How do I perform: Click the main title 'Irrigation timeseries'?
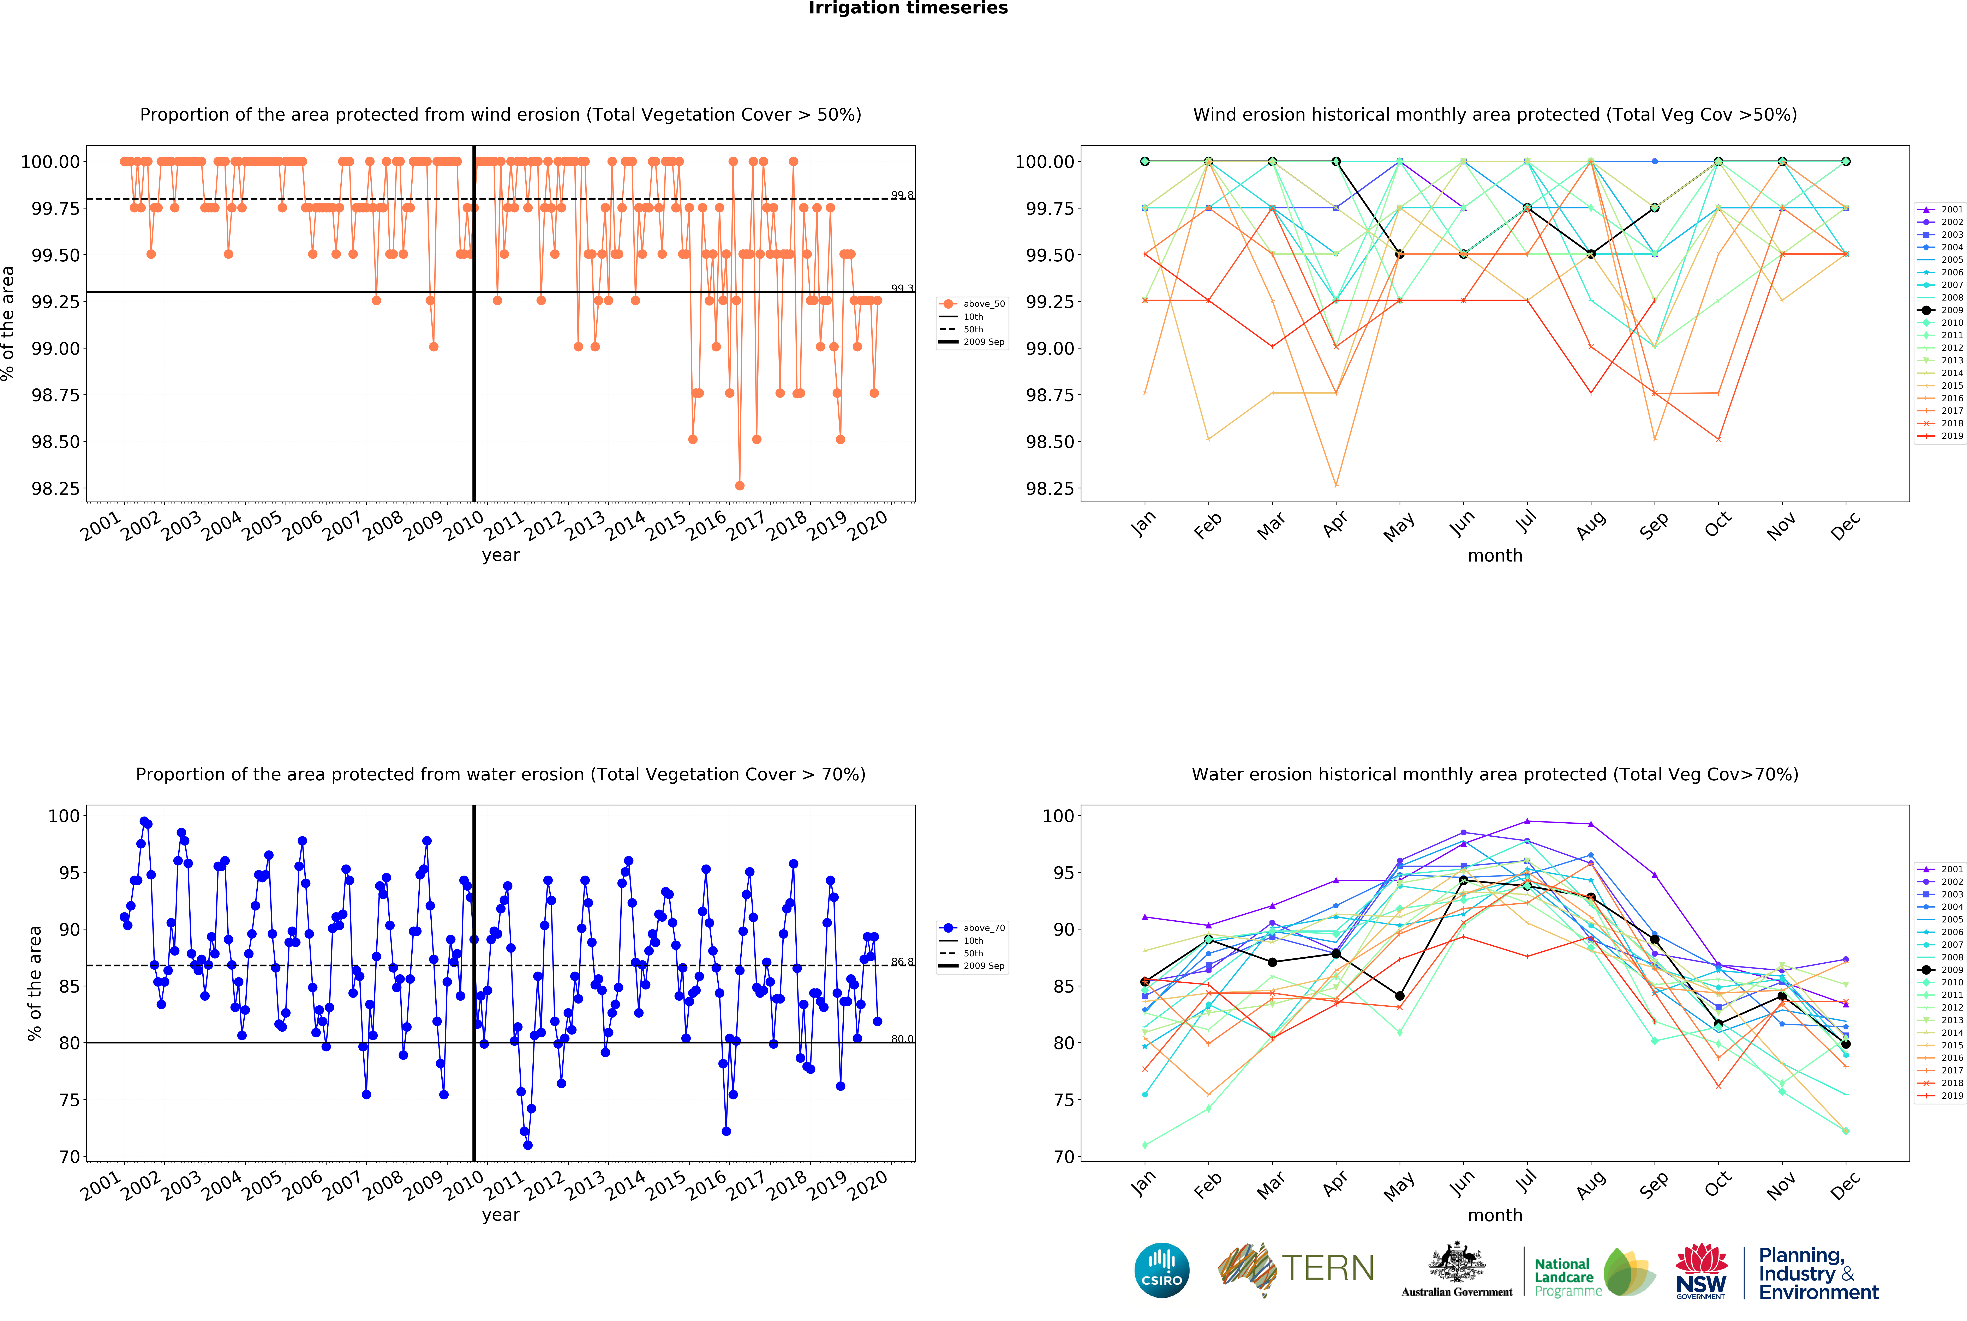908,8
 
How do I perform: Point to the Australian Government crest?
1456,1264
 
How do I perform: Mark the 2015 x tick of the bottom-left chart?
666,1184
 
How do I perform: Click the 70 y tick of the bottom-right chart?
1058,1157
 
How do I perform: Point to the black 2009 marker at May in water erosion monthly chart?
1400,996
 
